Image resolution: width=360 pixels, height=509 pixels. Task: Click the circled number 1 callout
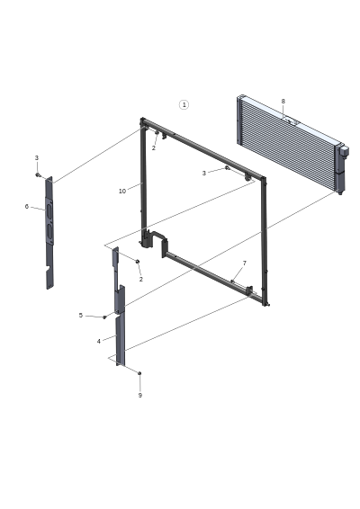pos(184,104)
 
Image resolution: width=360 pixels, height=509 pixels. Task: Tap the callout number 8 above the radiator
pos(283,102)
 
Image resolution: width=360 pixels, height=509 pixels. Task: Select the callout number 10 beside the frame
pos(122,192)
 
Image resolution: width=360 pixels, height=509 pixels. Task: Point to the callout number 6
pos(27,207)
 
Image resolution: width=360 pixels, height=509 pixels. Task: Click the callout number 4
pos(98,341)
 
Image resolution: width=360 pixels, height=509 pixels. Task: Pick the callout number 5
pos(81,316)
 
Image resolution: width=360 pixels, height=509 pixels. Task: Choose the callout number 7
pos(244,263)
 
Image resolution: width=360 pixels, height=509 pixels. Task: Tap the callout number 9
pos(140,395)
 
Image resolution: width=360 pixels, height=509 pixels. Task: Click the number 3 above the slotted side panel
pos(37,157)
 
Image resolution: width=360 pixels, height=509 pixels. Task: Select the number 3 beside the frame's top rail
pos(204,173)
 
